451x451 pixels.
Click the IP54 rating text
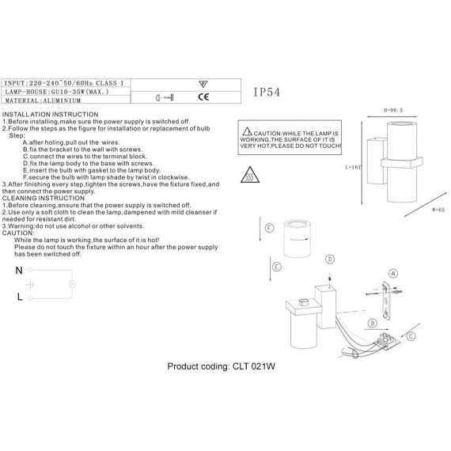pyautogui.click(x=267, y=92)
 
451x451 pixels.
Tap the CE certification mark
pyautogui.click(x=203, y=97)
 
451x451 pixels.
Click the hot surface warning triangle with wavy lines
pyautogui.click(x=250, y=175)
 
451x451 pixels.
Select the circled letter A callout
pyautogui.click(x=393, y=273)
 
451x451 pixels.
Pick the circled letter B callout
pyautogui.click(x=373, y=324)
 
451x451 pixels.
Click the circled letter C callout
pyautogui.click(x=411, y=336)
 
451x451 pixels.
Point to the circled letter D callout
pyautogui.click(x=330, y=260)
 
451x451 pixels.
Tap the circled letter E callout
pyautogui.click(x=277, y=267)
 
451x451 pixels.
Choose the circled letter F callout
pyautogui.click(x=269, y=228)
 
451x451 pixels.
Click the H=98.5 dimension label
pyautogui.click(x=393, y=110)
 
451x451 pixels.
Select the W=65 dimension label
pyautogui.click(x=438, y=210)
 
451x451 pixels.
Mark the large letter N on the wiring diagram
pyautogui.click(x=19, y=271)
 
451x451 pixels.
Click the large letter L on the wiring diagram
pyautogui.click(x=20, y=297)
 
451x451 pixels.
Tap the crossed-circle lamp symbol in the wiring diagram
pyautogui.click(x=72, y=284)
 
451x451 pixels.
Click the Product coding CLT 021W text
pyautogui.click(x=222, y=366)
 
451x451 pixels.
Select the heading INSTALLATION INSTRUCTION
pyautogui.click(x=50, y=115)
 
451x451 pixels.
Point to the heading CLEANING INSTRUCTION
pyautogui.click(x=44, y=198)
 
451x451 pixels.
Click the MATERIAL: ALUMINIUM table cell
pyautogui.click(x=43, y=100)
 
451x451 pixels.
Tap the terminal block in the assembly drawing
pyautogui.click(x=386, y=340)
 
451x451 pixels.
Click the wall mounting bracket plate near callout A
pyautogui.click(x=386, y=301)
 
